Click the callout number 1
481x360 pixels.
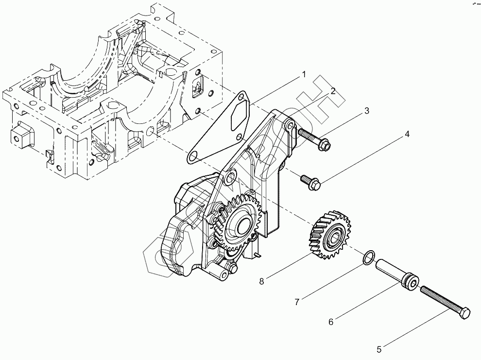coord(303,75)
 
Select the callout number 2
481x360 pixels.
coord(333,91)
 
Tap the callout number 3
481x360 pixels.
coord(366,111)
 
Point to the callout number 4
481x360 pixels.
coord(407,134)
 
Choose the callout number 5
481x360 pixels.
coord(379,349)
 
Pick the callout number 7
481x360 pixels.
coord(296,302)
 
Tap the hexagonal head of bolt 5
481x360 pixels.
coord(464,313)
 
